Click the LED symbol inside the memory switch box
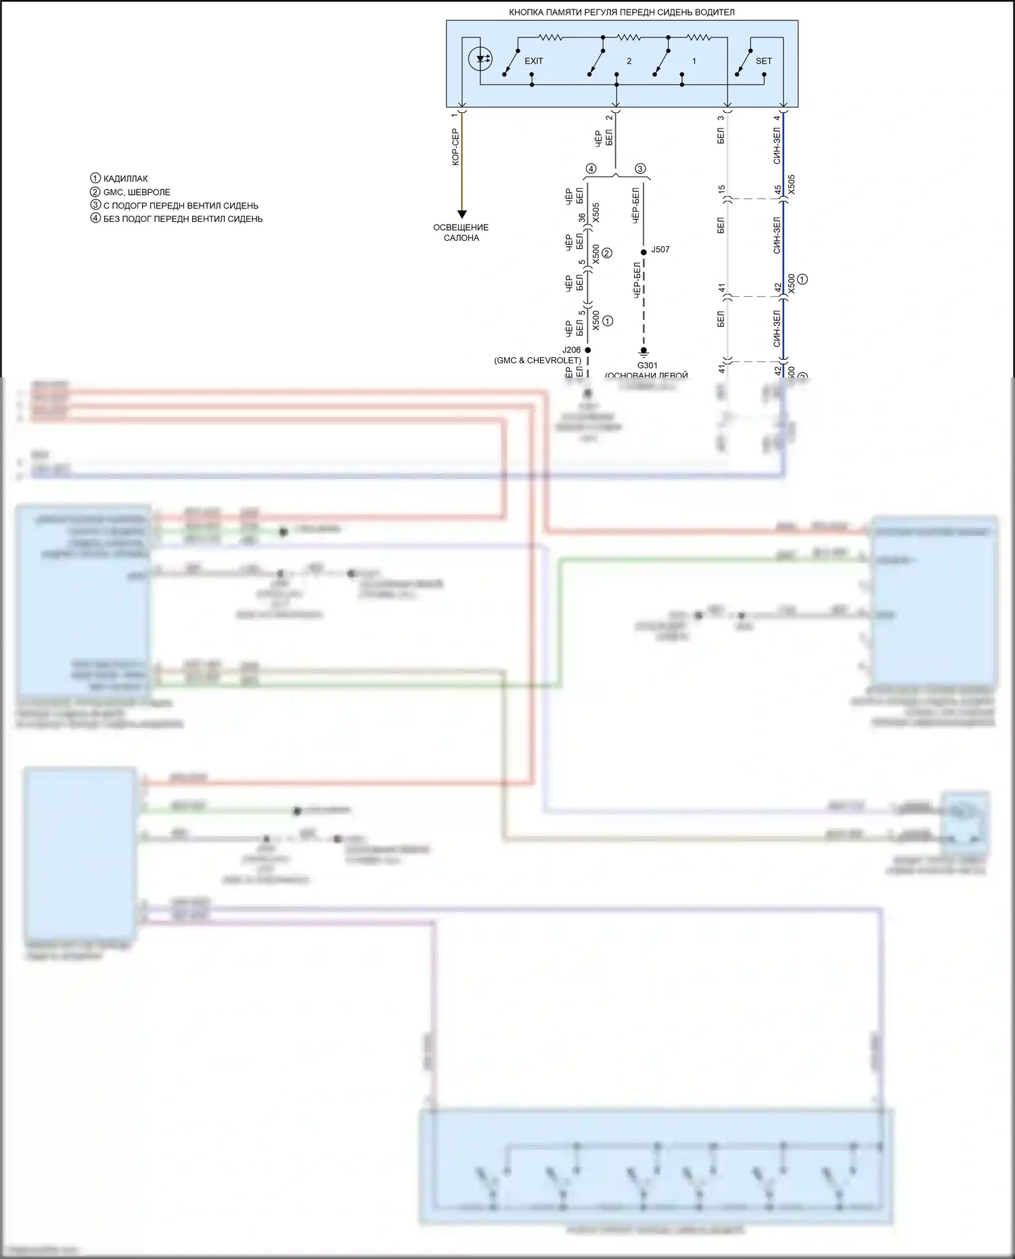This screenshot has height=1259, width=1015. tap(480, 59)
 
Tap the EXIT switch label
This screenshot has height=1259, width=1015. tap(534, 61)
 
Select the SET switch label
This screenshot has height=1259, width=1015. tap(763, 61)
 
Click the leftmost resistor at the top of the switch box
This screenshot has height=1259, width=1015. tap(551, 37)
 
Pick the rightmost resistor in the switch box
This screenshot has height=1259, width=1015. tap(698, 37)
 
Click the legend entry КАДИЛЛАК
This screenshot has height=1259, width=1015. tap(125, 179)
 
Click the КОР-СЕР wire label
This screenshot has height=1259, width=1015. tap(455, 147)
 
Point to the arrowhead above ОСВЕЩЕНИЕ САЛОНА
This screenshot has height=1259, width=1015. tap(461, 214)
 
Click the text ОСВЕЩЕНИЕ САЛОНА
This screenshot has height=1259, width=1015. tap(461, 233)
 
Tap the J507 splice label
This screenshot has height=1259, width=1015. tap(660, 250)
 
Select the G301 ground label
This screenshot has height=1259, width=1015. tap(647, 366)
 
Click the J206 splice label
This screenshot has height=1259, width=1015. tap(571, 350)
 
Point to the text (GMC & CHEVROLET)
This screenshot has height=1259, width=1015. tap(537, 361)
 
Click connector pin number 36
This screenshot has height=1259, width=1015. tap(581, 218)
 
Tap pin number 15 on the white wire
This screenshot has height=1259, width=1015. tap(721, 189)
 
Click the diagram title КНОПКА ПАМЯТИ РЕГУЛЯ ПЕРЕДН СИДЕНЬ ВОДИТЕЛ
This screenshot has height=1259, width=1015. tap(621, 12)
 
